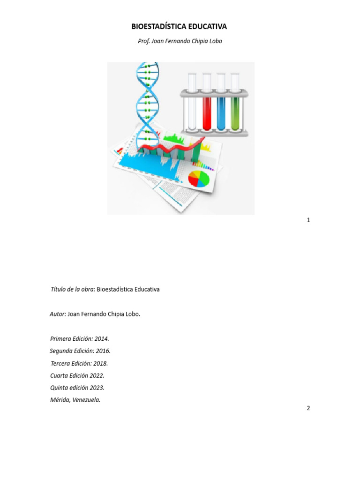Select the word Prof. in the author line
click(143, 41)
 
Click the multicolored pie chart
click(199, 179)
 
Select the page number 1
click(308, 220)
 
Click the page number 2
click(308, 408)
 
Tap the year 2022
click(97, 375)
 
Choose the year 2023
click(97, 388)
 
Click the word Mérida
click(60, 400)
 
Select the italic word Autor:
click(58, 314)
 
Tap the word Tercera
click(60, 363)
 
